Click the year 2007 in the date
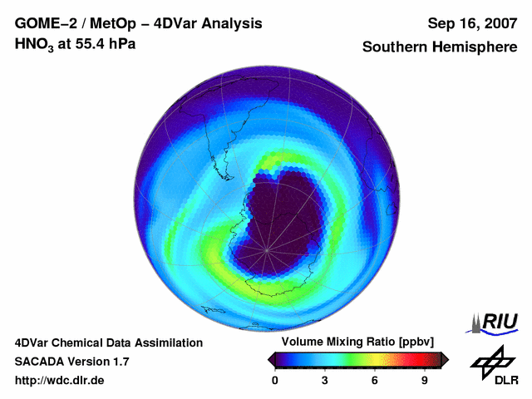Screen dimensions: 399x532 [497, 23]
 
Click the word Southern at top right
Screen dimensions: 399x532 [396, 47]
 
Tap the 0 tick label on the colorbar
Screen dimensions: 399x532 [275, 380]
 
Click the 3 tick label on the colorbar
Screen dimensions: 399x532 [325, 380]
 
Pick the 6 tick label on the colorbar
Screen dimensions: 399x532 [375, 380]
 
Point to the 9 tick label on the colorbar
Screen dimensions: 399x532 [425, 380]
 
